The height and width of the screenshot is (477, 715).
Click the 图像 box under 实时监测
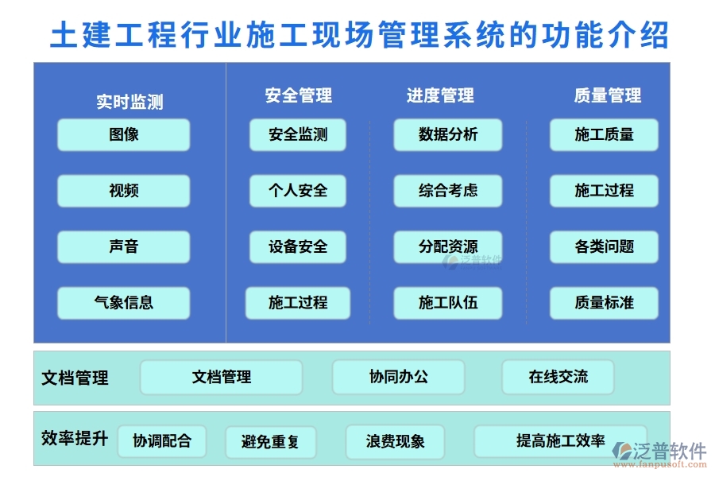123,135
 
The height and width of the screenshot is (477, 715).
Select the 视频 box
123,191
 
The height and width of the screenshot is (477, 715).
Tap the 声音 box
123,247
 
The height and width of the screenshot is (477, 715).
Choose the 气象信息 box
123,303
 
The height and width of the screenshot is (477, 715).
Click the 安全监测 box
298,135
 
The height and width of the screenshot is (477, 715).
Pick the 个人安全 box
298,191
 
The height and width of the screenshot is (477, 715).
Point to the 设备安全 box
298,247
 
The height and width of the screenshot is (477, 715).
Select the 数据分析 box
448,135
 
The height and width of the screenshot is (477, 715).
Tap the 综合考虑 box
448,191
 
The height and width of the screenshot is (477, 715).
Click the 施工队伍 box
448,303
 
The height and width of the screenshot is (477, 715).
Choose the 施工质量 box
604,135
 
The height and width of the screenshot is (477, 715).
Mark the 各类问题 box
604,247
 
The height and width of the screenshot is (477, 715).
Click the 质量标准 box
604,303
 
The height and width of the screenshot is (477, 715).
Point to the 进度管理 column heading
440,96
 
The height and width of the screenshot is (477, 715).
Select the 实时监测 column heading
129,102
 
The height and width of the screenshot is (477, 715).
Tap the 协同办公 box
398,377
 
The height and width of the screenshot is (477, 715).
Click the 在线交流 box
558,377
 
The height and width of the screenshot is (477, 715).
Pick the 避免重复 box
270,442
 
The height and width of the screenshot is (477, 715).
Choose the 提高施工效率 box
560,441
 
